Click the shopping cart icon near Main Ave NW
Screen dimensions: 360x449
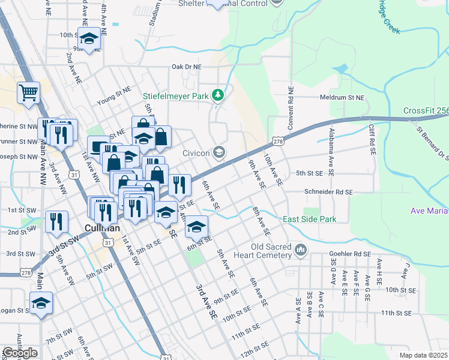pos(28,93)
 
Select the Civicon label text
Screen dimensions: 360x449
pos(197,153)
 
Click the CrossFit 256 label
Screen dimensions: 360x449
pos(426,111)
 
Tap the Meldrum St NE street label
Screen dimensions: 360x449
pos(342,97)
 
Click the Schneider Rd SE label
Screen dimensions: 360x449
pos(328,191)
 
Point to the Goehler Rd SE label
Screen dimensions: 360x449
pos(350,254)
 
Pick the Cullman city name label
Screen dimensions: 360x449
pos(103,229)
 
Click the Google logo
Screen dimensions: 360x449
pos(20,353)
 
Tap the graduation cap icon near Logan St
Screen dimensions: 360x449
pos(41,303)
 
